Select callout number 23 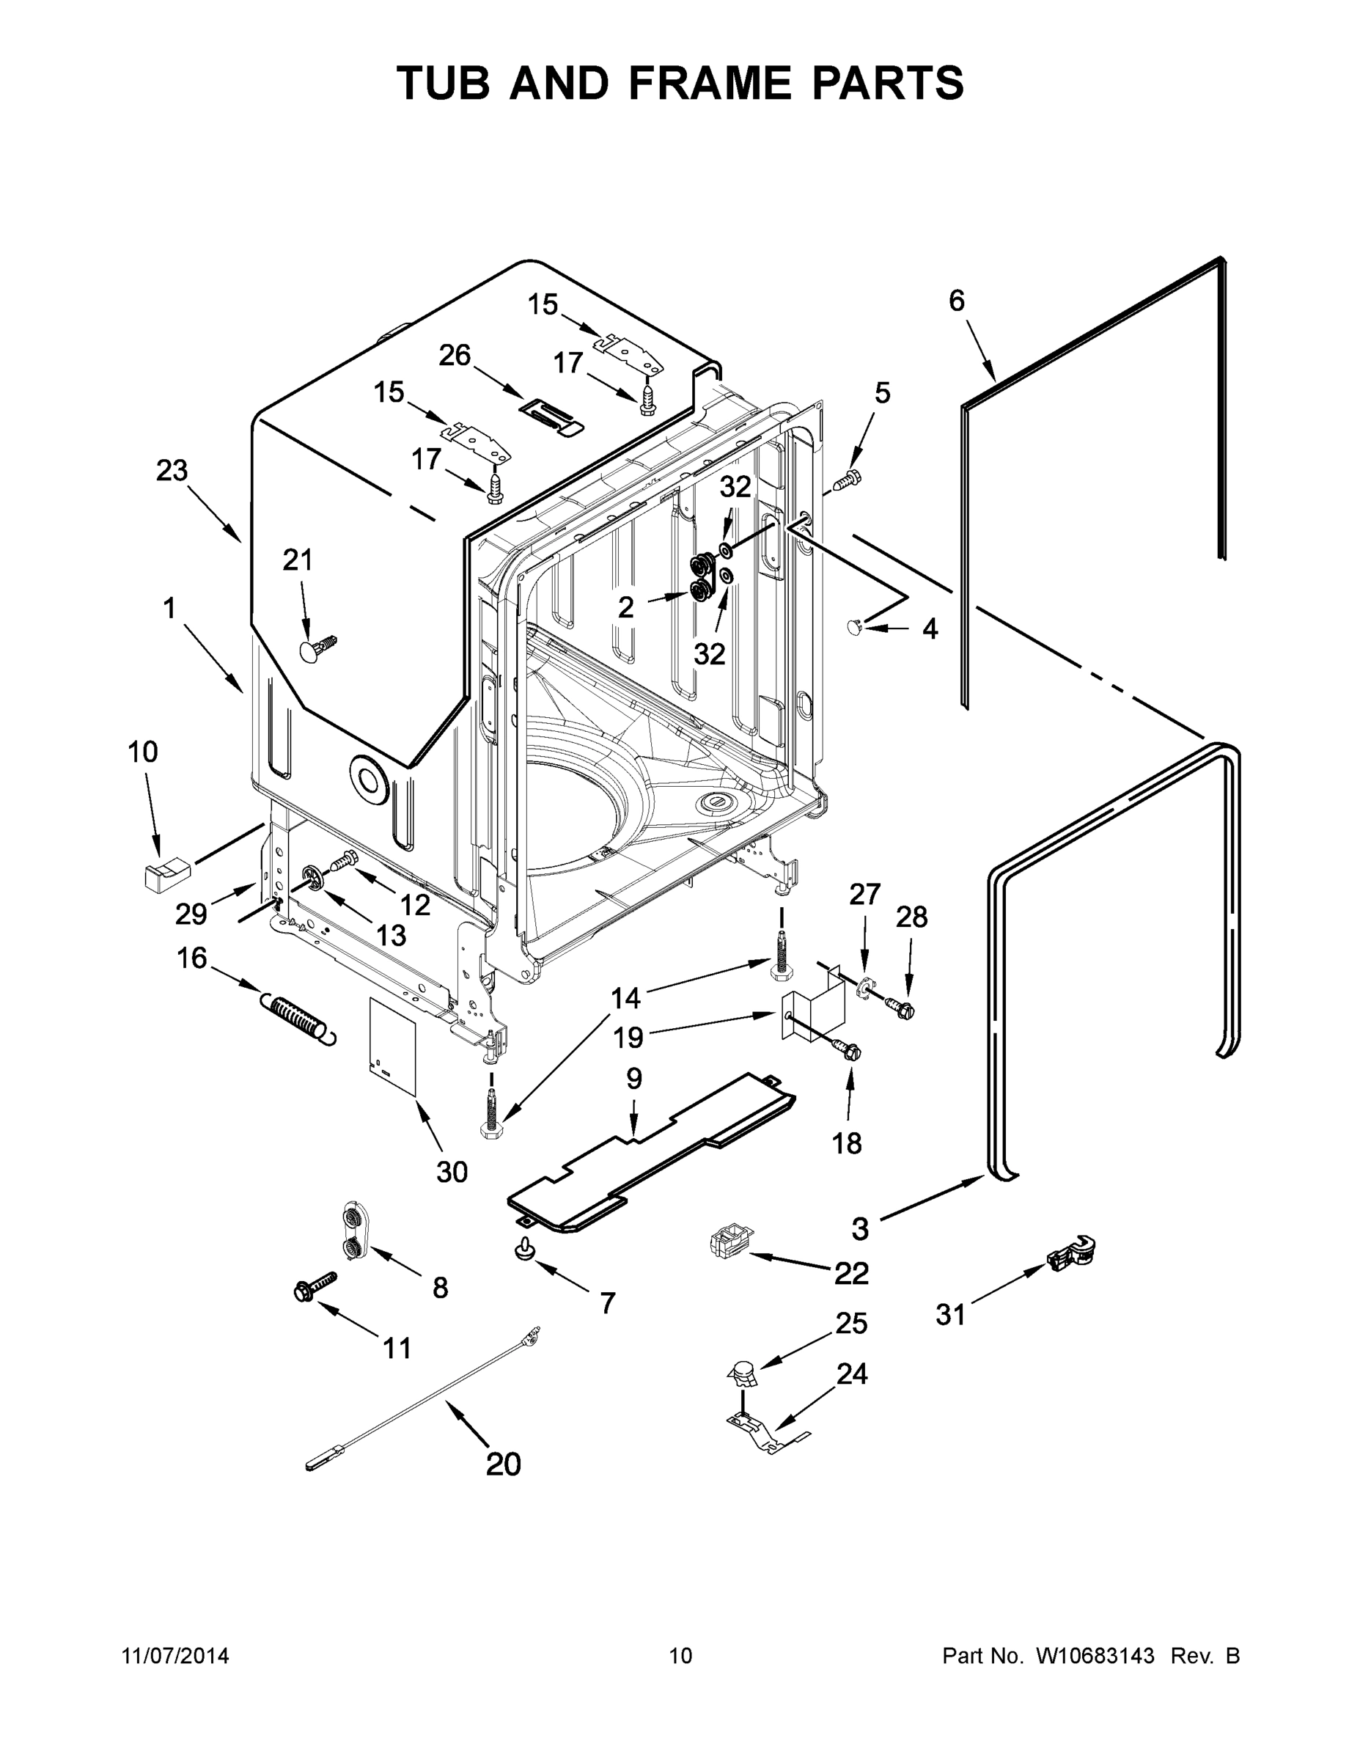[172, 470]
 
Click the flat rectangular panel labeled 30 [392, 1045]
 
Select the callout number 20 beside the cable [504, 1464]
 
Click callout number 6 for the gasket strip [956, 301]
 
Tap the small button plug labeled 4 [856, 626]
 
